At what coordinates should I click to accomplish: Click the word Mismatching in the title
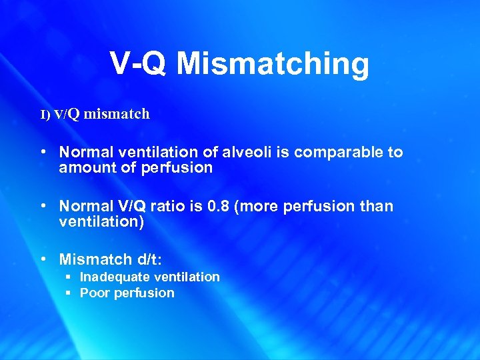coord(273,64)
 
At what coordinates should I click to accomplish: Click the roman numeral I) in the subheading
coord(45,115)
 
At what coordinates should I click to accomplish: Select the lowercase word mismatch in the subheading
coord(117,114)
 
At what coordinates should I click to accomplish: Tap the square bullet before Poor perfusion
coord(69,293)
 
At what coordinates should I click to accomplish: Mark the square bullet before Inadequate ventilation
coord(69,277)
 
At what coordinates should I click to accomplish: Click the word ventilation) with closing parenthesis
coord(101,223)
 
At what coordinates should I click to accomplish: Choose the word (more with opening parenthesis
coord(257,207)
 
